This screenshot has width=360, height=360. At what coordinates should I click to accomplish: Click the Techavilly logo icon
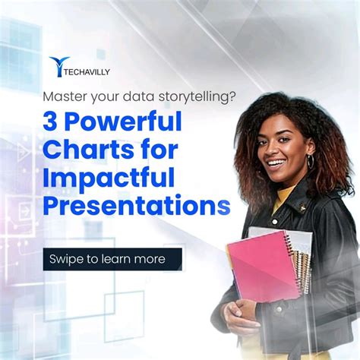click(x=58, y=68)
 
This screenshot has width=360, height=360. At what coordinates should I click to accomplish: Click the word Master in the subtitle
click(x=64, y=97)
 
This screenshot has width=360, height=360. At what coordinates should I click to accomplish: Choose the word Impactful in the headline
click(x=109, y=179)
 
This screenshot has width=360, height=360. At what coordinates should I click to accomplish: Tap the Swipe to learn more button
click(x=112, y=259)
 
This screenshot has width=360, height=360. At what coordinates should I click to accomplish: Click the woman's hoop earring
click(x=311, y=163)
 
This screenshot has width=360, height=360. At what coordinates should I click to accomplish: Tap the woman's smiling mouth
click(x=278, y=163)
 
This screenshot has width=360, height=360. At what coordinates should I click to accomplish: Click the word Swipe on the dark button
click(x=68, y=259)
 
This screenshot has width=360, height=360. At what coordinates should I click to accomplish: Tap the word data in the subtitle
click(x=131, y=97)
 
